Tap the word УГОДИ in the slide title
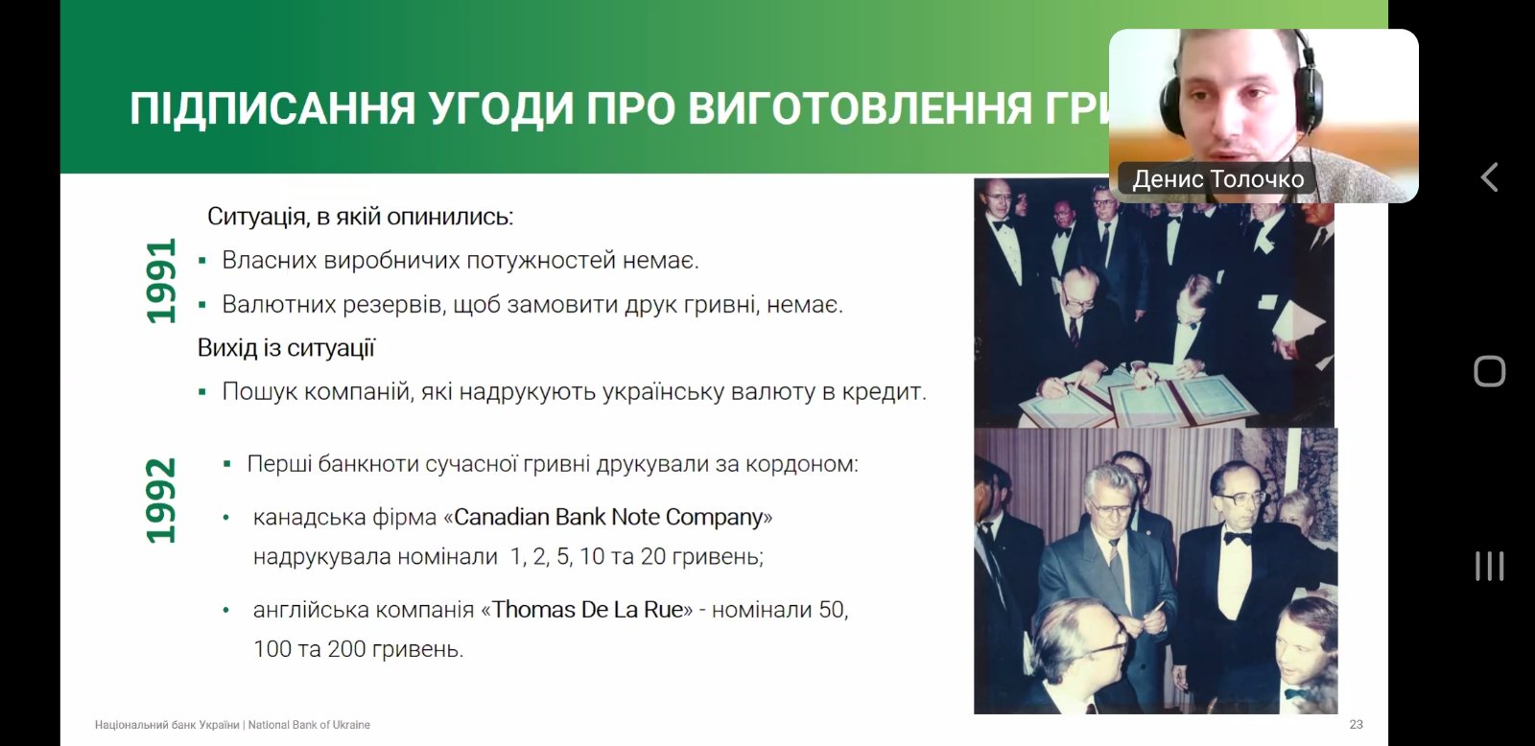pyautogui.click(x=500, y=108)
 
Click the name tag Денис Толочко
pyautogui.click(x=1217, y=178)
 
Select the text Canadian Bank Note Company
pyautogui.click(x=608, y=517)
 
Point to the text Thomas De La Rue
pyautogui.click(x=587, y=609)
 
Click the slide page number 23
pyautogui.click(x=1357, y=724)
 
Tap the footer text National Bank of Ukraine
pyautogui.click(x=309, y=725)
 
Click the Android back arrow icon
pyautogui.click(x=1488, y=176)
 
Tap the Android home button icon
pyautogui.click(x=1489, y=371)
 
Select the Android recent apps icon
pyautogui.click(x=1489, y=566)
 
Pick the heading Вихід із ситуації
pyautogui.click(x=287, y=348)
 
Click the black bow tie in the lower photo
pyautogui.click(x=1238, y=539)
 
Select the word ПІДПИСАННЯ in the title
pyautogui.click(x=272, y=108)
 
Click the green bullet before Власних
pyautogui.click(x=202, y=260)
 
